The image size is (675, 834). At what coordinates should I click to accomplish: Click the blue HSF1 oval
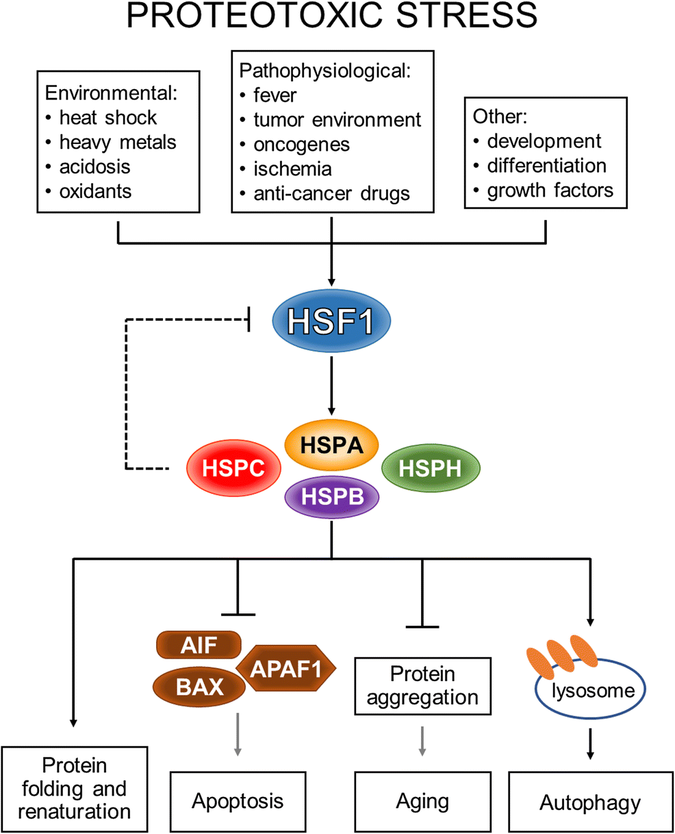tap(332, 320)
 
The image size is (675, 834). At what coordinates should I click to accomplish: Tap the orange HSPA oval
tap(332, 446)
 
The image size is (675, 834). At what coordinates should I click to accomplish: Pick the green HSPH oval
tap(429, 469)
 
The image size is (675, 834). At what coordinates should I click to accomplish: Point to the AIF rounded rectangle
tap(199, 645)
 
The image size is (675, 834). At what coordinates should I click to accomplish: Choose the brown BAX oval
tap(199, 686)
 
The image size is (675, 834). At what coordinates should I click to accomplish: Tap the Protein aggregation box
tap(422, 686)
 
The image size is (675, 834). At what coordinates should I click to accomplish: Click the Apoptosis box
tap(238, 801)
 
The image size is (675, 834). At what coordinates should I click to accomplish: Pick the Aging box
tap(422, 801)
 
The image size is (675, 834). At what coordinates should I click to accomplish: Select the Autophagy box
tap(590, 802)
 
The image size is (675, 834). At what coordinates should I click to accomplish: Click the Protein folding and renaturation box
tap(75, 789)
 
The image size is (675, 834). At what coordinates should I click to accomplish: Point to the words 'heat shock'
tap(108, 118)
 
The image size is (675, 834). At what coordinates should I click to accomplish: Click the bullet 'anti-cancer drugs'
tap(331, 193)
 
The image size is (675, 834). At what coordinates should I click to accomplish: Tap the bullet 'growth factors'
tap(550, 190)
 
